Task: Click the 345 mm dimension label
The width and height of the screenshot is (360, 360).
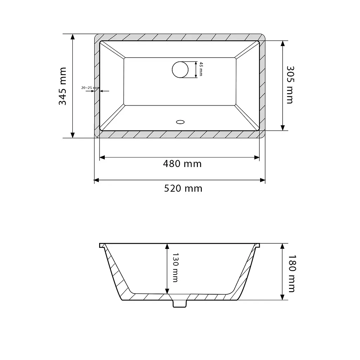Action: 63,86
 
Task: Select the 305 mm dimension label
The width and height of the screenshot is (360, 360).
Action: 290,85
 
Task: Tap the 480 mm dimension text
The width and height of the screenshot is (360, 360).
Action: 182,164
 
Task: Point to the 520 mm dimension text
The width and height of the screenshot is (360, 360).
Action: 183,188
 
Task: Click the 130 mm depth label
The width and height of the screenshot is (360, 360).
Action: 175,268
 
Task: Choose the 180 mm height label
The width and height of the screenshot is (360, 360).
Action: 291,274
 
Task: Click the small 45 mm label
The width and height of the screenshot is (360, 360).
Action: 201,69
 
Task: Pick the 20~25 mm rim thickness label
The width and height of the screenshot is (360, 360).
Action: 90,88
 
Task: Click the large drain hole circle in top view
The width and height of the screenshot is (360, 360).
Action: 180,70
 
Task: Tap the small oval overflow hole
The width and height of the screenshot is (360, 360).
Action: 180,122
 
